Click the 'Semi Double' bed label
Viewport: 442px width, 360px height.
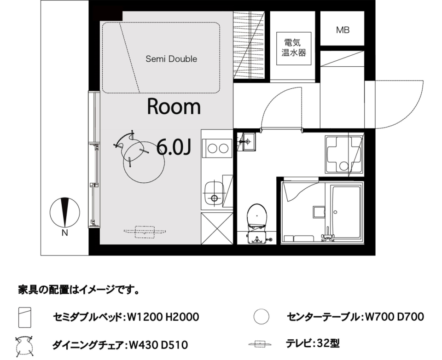pos(171,59)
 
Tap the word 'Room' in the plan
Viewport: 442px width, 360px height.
pos(174,107)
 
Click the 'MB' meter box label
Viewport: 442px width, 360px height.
pos(343,31)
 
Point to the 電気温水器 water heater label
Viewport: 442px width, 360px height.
pos(294,47)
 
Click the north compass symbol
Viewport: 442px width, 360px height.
pos(65,212)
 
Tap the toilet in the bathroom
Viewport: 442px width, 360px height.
pos(257,219)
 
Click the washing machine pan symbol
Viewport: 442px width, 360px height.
pos(343,154)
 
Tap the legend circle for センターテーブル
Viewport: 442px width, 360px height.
pos(261,317)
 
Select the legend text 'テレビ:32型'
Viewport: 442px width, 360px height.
pos(313,343)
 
